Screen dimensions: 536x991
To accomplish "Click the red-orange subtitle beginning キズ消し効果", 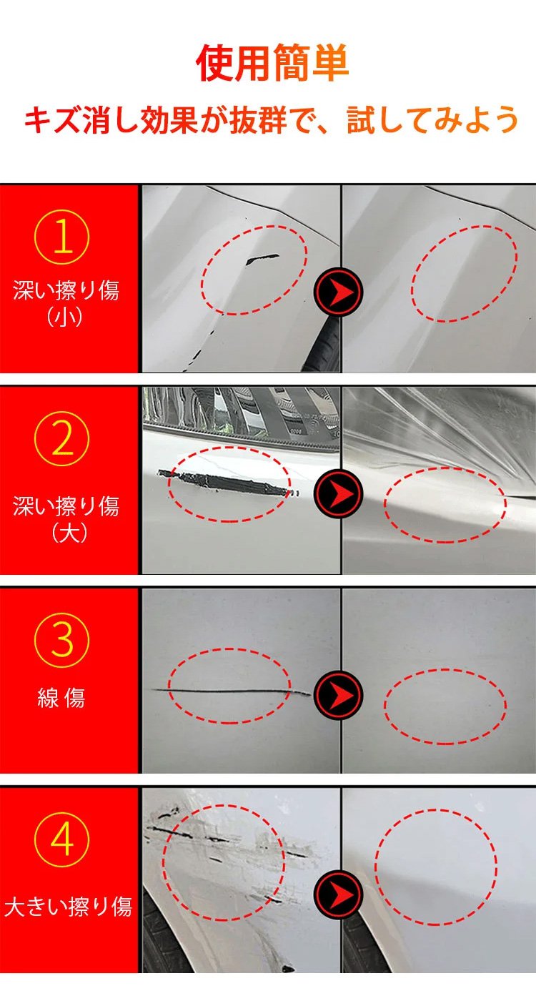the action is point(271,119).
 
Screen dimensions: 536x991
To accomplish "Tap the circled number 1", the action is point(62,237).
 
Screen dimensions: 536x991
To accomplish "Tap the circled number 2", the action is point(62,439).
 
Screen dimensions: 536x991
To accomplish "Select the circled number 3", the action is point(62,640).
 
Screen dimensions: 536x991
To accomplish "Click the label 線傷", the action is point(61,699).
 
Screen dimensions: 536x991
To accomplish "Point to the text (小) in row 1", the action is point(64,317).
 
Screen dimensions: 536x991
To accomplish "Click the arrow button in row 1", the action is point(338,292).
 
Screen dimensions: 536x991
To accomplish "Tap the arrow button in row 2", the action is point(338,493).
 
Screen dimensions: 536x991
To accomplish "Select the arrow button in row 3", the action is point(338,695).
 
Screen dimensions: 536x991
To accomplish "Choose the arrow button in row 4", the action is point(338,894).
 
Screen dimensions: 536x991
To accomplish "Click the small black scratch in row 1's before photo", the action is point(261,260).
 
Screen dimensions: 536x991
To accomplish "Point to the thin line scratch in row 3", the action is point(230,691).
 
